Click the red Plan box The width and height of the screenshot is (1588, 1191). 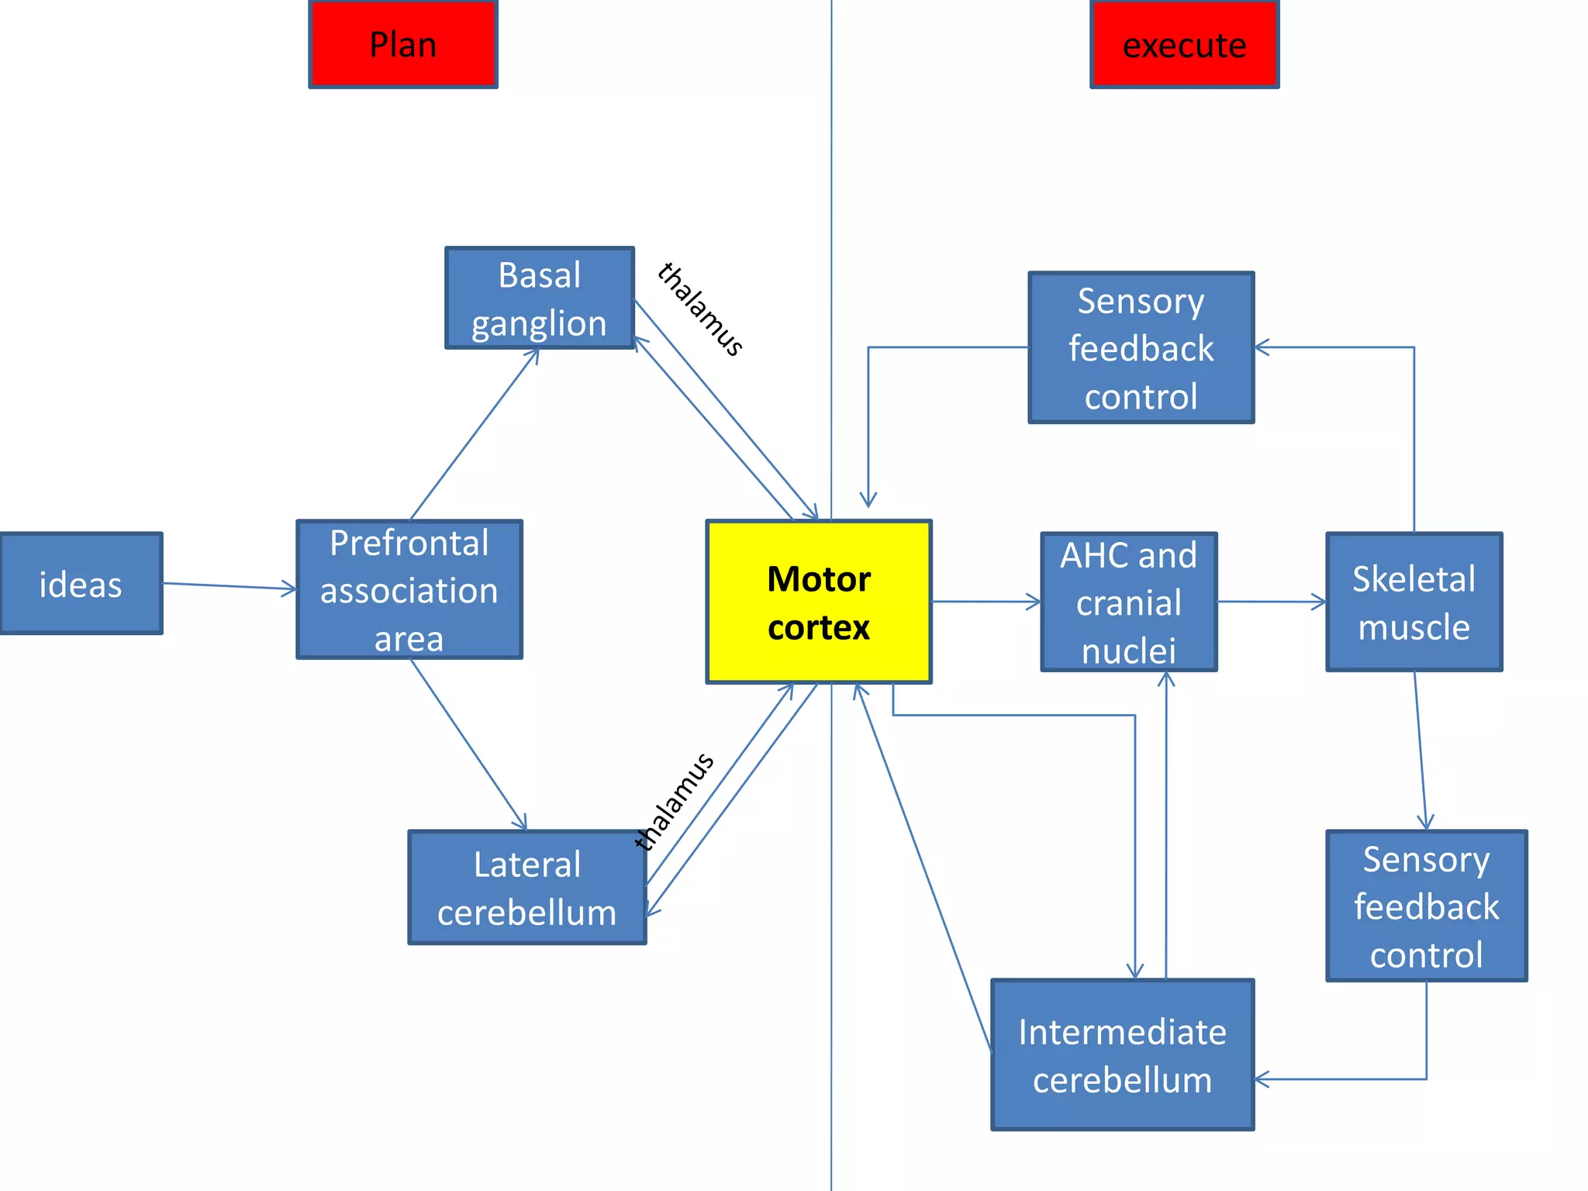(x=402, y=44)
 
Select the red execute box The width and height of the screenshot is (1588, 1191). (x=1184, y=44)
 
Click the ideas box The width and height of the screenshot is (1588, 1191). (x=81, y=584)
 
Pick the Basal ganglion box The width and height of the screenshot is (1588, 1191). (x=539, y=299)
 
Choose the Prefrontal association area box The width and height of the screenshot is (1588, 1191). (x=409, y=589)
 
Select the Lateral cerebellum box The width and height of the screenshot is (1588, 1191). (x=526, y=888)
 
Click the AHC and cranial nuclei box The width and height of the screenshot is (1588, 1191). (x=1128, y=602)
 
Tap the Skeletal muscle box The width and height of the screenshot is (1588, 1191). (x=1414, y=602)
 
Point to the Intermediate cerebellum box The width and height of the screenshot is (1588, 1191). (x=1122, y=1055)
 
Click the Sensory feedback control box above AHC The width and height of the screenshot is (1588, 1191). (x=1141, y=347)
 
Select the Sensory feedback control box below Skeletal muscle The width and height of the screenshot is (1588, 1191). (x=1426, y=906)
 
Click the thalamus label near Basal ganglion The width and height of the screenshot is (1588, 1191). (x=700, y=309)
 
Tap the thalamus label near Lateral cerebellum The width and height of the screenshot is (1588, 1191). (x=673, y=802)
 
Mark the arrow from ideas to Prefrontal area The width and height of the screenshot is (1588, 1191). (x=230, y=586)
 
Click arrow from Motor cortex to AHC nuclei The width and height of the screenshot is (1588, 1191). (x=986, y=601)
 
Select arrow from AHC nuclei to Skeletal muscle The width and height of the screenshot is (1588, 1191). (x=1271, y=601)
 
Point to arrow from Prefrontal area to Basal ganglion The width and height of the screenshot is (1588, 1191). (x=474, y=435)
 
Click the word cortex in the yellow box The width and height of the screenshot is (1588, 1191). (x=818, y=627)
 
